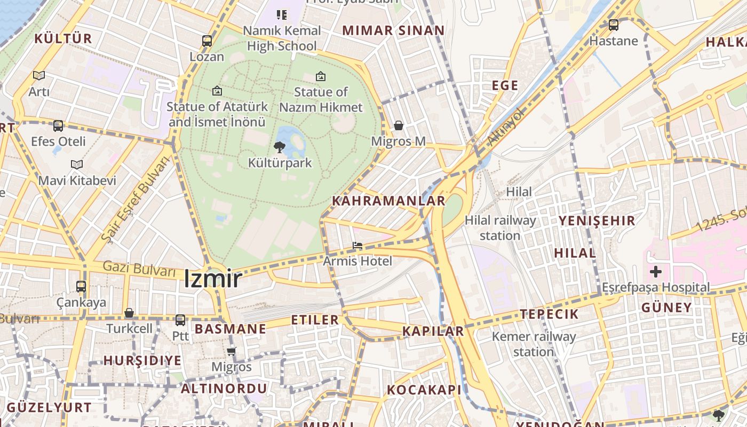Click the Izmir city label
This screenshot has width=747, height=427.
213,279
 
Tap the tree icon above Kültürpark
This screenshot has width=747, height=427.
279,147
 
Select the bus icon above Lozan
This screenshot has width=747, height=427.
207,41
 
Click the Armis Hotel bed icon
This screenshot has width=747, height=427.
357,246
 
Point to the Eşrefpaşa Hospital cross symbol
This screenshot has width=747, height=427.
656,272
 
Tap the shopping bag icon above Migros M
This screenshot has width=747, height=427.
399,126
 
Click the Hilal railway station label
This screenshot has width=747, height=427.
500,228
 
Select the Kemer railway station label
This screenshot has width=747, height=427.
534,344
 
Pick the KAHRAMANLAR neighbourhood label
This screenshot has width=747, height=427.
388,201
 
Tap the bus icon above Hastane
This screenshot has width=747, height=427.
614,25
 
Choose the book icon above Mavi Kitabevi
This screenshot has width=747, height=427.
77,165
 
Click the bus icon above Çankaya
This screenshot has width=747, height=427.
81,287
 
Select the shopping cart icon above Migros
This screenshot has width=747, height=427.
231,351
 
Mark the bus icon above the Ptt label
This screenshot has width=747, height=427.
180,320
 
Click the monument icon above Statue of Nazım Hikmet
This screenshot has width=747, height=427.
321,77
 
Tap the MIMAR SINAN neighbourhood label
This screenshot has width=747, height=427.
393,30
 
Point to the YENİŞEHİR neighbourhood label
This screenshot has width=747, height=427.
597,220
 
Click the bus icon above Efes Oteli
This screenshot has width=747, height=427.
58,126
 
